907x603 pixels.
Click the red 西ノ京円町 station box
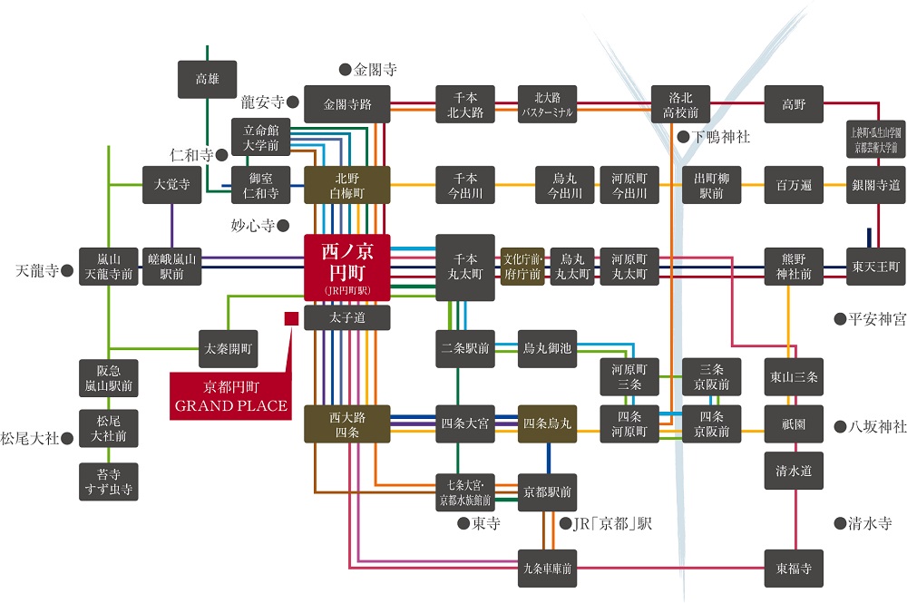[346, 267]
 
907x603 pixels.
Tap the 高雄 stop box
[207, 80]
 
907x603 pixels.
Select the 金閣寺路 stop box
[347, 104]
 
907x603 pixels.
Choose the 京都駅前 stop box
[547, 491]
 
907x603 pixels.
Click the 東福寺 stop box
[794, 569]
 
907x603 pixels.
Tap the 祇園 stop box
[794, 423]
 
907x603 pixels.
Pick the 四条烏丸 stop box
[547, 423]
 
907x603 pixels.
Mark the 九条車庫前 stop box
[547, 569]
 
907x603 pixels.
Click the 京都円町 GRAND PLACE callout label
[229, 395]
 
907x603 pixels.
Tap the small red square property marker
[291, 318]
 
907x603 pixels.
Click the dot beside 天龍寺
[67, 270]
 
